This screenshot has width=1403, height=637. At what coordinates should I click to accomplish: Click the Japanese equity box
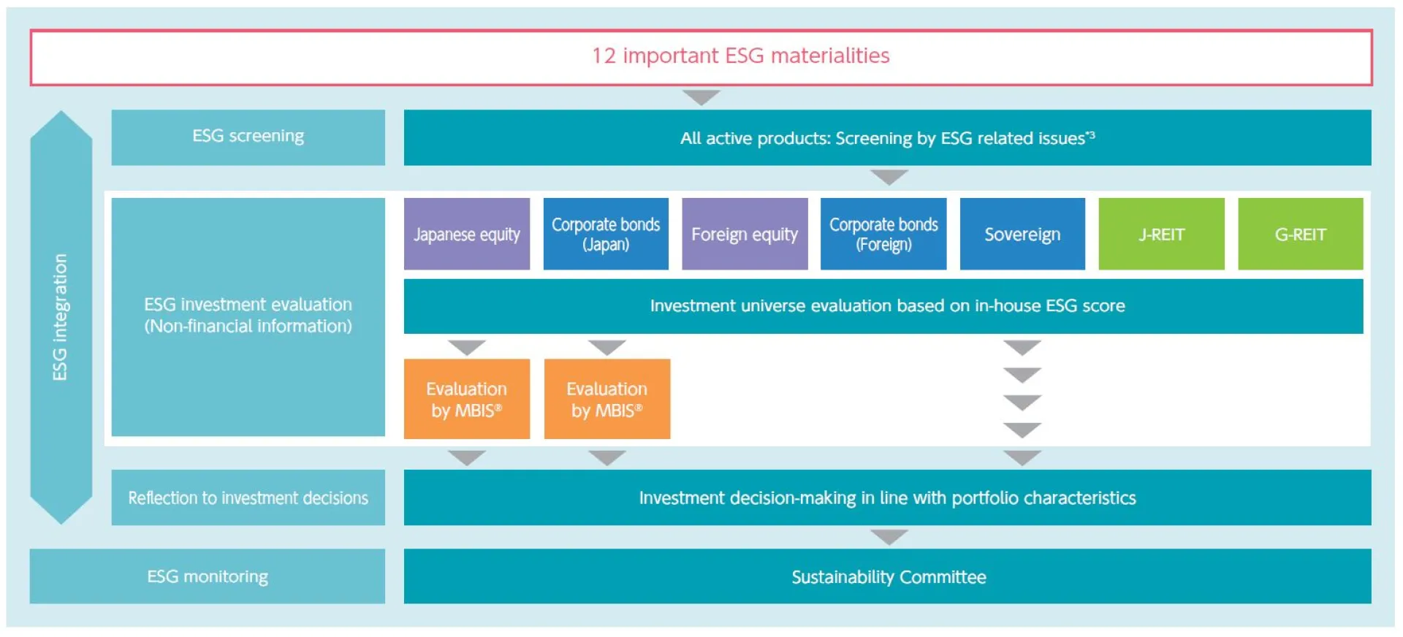tap(466, 234)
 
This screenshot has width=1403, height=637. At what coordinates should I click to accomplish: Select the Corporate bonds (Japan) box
tap(605, 234)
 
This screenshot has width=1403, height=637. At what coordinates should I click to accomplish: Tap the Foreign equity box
tap(745, 234)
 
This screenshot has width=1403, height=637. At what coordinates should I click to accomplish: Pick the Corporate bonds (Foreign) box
tap(883, 234)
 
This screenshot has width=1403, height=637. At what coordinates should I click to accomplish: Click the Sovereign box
tap(1022, 234)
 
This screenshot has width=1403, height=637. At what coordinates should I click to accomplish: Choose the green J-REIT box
tap(1161, 234)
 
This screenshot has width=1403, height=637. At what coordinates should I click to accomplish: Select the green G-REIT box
tap(1300, 234)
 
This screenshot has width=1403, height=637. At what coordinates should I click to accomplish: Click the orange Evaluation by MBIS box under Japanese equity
tap(466, 399)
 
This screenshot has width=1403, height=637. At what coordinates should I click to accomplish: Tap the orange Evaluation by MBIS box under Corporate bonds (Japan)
tap(607, 399)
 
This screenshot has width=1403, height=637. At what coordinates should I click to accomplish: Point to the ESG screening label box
tap(248, 137)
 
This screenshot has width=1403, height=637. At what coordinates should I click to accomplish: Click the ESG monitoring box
tap(207, 576)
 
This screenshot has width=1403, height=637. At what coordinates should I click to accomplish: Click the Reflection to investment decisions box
tap(248, 497)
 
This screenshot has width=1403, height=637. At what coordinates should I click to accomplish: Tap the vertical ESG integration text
tap(60, 317)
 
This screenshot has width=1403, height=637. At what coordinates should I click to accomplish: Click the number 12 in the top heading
tap(604, 56)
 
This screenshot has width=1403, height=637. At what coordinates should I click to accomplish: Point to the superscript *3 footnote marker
tap(1090, 134)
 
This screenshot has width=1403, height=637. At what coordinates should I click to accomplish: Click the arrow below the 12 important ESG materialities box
tap(701, 97)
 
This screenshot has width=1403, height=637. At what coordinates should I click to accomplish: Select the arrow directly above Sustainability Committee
tap(889, 538)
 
